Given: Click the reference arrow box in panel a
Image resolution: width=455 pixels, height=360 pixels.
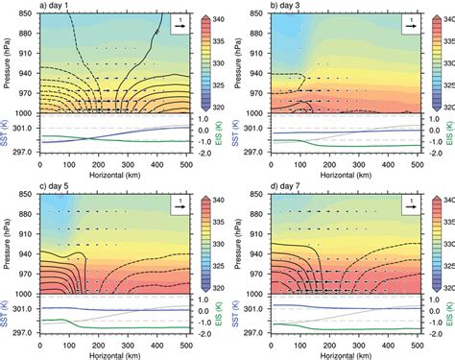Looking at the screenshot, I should click(x=181, y=24).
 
